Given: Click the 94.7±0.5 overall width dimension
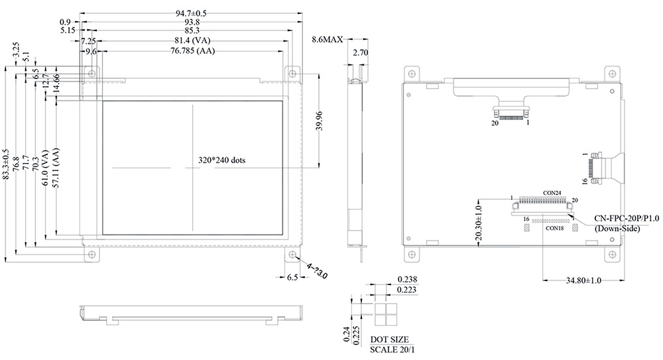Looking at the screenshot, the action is click(191, 13).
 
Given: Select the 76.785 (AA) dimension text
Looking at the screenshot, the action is click(192, 51).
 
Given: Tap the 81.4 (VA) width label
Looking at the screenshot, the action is click(192, 40).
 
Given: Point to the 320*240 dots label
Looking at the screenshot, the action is click(222, 160).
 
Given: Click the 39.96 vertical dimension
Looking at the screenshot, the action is click(320, 121).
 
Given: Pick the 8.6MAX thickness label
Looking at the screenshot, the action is click(328, 40).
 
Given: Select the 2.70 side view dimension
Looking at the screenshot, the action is click(360, 53).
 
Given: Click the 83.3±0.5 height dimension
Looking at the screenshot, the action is click(5, 164).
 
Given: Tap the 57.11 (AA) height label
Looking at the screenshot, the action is click(56, 168).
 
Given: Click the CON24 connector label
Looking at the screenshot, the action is click(552, 193).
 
